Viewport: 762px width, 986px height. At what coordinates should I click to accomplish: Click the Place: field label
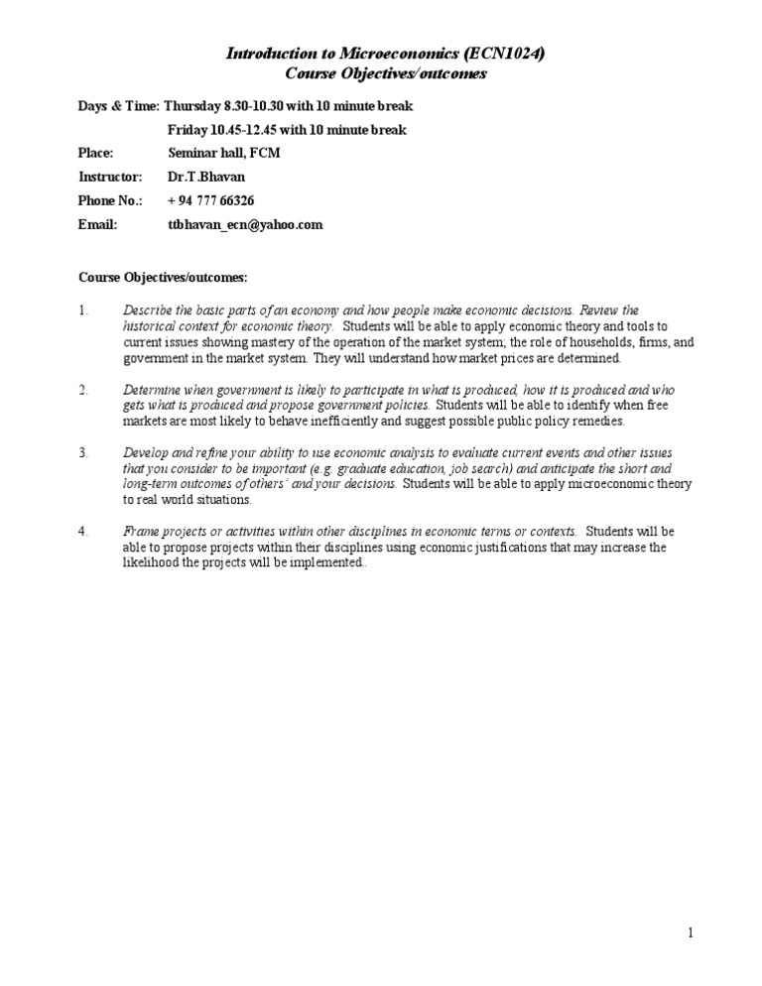coord(96,153)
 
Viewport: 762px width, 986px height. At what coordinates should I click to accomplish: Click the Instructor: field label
coord(110,177)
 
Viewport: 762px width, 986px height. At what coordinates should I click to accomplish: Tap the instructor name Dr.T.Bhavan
coord(209,177)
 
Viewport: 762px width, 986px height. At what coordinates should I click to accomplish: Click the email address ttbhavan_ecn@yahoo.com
coord(245,224)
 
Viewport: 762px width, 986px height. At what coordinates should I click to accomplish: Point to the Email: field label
coord(97,224)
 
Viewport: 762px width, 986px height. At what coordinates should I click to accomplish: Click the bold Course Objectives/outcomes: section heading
coord(163,276)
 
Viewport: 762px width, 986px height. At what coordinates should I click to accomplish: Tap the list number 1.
coord(83,310)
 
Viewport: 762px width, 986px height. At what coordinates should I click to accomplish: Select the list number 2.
coord(83,389)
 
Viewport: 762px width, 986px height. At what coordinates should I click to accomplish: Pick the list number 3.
coord(83,452)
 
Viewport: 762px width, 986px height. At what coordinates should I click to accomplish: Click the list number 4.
coord(83,531)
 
